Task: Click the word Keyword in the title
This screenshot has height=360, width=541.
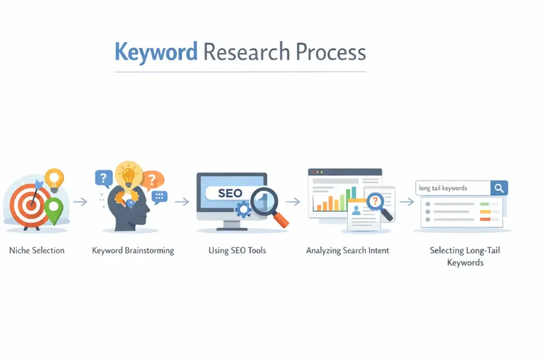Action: (156, 53)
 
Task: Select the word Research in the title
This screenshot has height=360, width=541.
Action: (246, 53)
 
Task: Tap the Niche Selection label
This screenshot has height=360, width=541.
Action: (37, 250)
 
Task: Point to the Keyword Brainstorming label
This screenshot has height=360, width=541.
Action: (133, 250)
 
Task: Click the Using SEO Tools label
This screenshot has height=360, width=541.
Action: (237, 250)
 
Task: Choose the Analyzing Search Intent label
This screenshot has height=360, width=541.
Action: (348, 250)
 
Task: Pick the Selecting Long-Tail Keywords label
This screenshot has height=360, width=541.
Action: (465, 256)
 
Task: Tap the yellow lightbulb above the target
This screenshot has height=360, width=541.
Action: (54, 178)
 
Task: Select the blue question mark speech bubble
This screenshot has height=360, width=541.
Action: (104, 178)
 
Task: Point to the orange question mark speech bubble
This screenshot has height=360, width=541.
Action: (153, 179)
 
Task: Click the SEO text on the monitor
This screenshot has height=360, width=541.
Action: (230, 193)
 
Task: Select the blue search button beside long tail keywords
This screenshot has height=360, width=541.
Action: (499, 188)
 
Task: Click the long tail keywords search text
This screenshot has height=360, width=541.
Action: (443, 188)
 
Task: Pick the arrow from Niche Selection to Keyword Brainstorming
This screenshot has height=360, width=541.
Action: (80, 202)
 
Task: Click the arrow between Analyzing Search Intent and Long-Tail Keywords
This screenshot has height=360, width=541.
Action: (406, 202)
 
